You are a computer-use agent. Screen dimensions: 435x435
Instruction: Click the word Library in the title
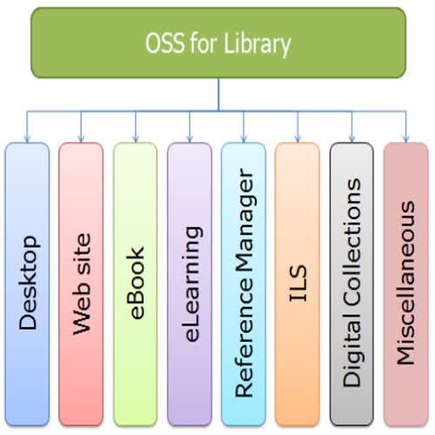click(x=258, y=44)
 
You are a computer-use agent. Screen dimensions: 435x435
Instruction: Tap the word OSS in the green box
click(x=164, y=43)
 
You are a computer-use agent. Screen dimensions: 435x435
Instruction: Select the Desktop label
click(x=28, y=283)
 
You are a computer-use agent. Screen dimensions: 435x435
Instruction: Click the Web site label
click(x=82, y=284)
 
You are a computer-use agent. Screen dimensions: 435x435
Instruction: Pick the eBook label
click(x=135, y=283)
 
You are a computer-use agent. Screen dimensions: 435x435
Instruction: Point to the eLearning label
click(x=191, y=284)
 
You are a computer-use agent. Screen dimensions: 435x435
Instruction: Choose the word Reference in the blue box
click(x=244, y=337)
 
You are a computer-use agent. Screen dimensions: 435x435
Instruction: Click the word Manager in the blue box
click(x=246, y=220)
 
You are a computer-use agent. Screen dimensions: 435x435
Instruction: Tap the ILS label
click(x=298, y=284)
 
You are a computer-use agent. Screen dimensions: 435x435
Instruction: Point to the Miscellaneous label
click(x=405, y=283)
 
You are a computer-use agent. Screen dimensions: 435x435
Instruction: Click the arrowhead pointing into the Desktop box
click(x=27, y=138)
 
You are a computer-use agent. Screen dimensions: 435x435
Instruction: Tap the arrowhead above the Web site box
click(x=81, y=138)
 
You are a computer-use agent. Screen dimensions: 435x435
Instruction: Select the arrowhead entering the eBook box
click(x=136, y=138)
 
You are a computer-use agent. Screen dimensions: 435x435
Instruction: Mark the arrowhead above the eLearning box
click(x=190, y=138)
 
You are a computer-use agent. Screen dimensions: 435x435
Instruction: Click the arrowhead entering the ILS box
click(x=298, y=138)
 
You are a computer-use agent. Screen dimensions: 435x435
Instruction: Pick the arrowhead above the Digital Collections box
click(x=351, y=138)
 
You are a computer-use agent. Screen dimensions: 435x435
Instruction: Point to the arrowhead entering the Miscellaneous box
click(x=406, y=138)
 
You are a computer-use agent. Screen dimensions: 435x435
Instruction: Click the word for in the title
click(x=203, y=43)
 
